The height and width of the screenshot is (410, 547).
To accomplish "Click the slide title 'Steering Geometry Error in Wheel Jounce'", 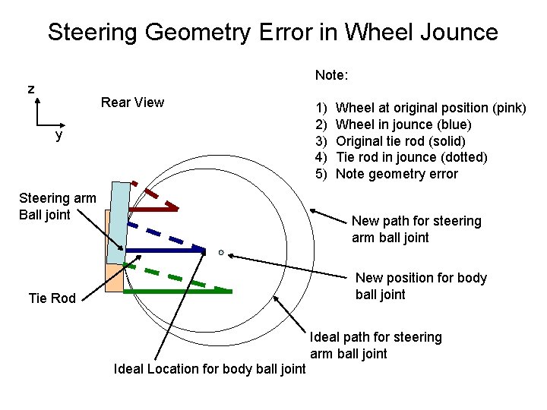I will [273, 32].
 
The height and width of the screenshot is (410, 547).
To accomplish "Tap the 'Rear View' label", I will [132, 102].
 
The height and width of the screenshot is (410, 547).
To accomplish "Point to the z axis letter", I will [30, 89].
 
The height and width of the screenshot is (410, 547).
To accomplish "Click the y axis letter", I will [58, 136].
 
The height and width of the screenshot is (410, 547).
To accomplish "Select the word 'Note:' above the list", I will [331, 75].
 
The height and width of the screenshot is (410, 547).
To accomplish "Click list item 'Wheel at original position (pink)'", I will [430, 108].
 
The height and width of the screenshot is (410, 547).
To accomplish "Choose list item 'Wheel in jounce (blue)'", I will [403, 125].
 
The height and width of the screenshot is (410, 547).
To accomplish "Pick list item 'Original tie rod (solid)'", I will [400, 141].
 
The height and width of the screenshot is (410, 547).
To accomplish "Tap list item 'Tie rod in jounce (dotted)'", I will [411, 157].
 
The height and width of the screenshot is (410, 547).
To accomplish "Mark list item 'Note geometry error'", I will [397, 174].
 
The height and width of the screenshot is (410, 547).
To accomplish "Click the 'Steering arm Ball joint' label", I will [57, 207].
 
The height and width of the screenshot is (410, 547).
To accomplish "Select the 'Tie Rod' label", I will [52, 298].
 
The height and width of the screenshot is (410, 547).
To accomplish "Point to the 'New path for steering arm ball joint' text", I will [416, 229].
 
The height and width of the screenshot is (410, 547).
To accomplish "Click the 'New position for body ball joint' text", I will [421, 286].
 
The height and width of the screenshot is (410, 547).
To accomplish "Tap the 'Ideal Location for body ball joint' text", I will [209, 370].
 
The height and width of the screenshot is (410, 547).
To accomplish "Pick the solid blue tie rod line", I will [164, 250].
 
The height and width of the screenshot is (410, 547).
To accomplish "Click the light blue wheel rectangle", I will [119, 220].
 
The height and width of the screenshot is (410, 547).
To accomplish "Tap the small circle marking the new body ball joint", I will [220, 252].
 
